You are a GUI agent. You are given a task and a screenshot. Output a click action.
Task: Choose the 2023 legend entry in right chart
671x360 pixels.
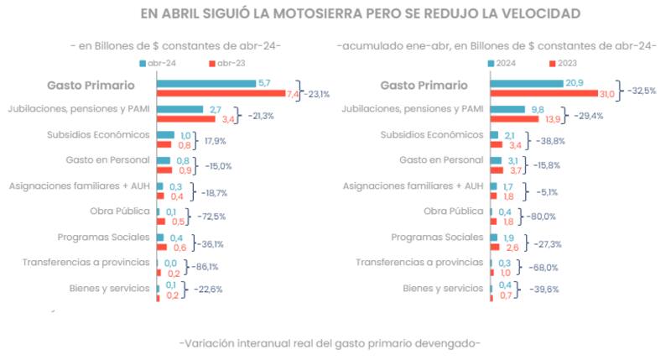tap(564, 63)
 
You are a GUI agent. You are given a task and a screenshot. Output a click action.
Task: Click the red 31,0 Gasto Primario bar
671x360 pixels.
tap(544, 93)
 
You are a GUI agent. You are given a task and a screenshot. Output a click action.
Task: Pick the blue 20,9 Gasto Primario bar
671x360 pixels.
tap(526, 83)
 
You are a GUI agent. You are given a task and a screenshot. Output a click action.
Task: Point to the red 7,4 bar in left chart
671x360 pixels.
tap(220, 93)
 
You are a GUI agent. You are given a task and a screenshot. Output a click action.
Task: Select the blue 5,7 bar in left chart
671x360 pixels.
tap(205, 83)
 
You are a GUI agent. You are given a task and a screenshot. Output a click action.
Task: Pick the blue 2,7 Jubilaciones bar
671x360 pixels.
tap(179, 109)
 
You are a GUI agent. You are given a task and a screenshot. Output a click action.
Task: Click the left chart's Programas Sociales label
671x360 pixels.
tap(110, 237)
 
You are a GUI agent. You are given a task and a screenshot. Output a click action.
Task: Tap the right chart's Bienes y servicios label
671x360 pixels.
tap(442, 288)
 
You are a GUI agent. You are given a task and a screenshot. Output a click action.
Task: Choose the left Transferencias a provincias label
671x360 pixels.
tap(86, 262)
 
